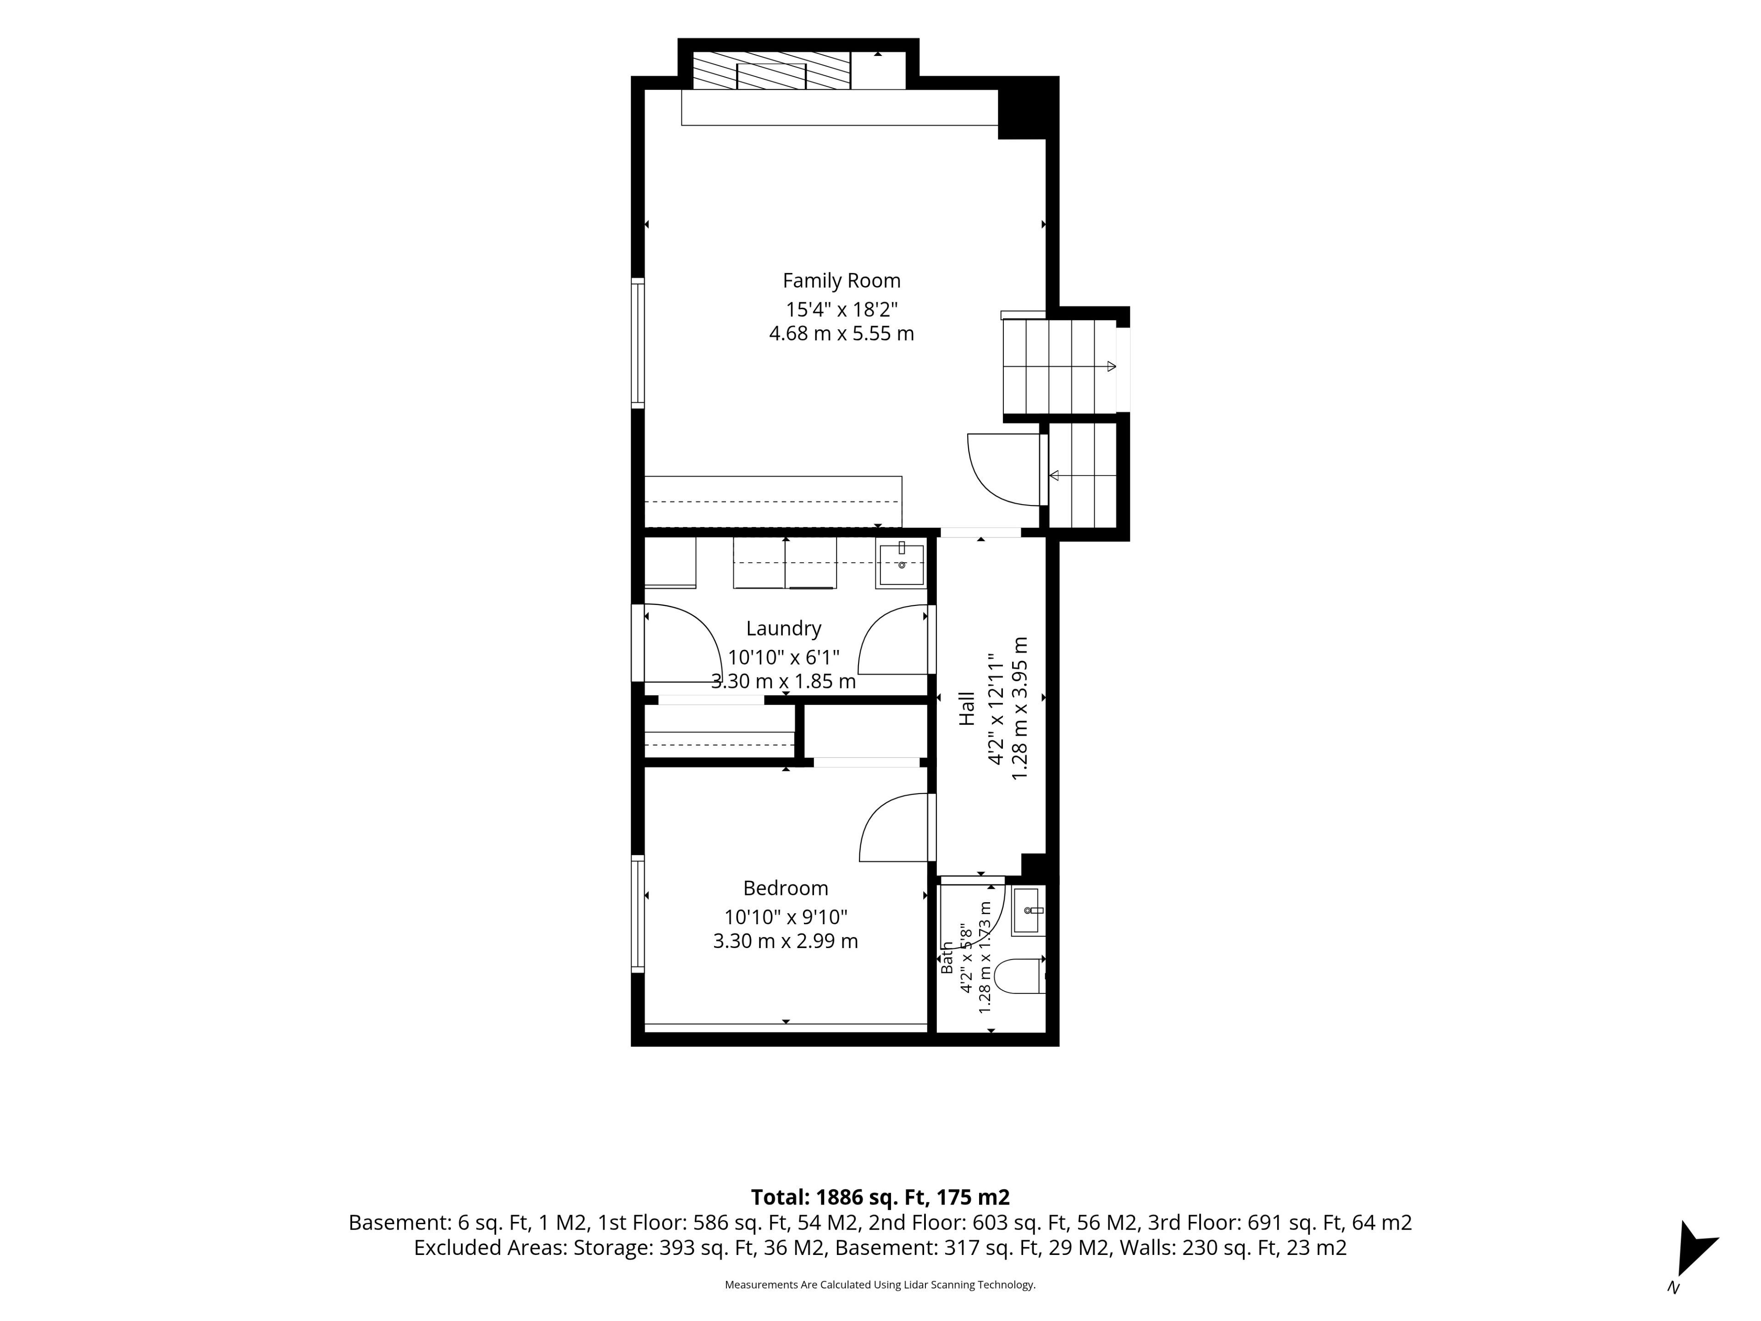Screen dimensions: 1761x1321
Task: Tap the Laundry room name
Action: click(783, 629)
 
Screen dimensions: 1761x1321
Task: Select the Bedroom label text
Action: click(786, 888)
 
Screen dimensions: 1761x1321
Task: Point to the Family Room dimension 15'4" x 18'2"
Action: click(842, 309)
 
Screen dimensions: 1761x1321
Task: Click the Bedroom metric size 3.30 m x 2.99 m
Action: click(786, 941)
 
